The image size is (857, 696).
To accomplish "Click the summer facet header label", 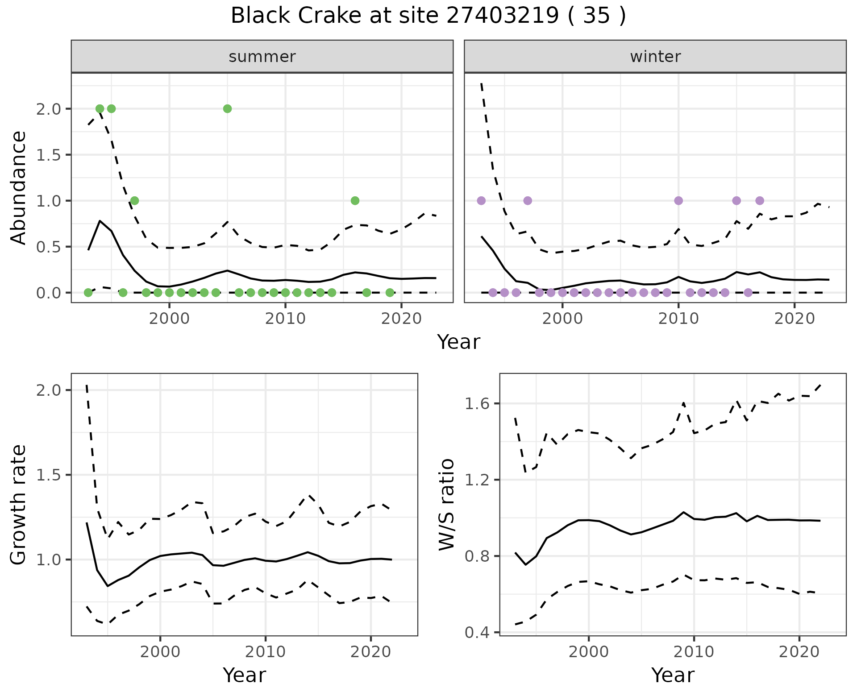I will [x=262, y=57].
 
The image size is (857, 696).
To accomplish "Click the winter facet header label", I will [x=655, y=57].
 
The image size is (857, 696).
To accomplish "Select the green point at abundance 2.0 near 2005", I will [x=227, y=109].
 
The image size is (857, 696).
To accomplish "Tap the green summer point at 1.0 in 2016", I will [x=355, y=201].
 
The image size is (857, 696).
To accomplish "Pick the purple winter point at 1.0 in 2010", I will [x=678, y=201].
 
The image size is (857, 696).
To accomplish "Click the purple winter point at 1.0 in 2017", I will [x=760, y=201].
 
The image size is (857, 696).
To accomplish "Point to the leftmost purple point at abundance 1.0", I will [x=481, y=201].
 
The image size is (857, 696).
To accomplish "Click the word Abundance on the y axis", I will [x=19, y=187].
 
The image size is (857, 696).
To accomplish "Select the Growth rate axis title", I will [x=19, y=504].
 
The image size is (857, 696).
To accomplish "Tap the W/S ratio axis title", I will [x=446, y=504].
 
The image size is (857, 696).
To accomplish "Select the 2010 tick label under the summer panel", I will [x=285, y=319].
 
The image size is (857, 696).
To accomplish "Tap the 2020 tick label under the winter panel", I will [x=794, y=319].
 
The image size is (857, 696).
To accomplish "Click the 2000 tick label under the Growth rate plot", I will [x=160, y=652].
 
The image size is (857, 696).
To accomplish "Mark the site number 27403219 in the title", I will [x=503, y=16].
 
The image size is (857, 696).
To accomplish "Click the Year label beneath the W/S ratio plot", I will [x=673, y=675].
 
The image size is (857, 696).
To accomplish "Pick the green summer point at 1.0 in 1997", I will [x=134, y=201].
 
